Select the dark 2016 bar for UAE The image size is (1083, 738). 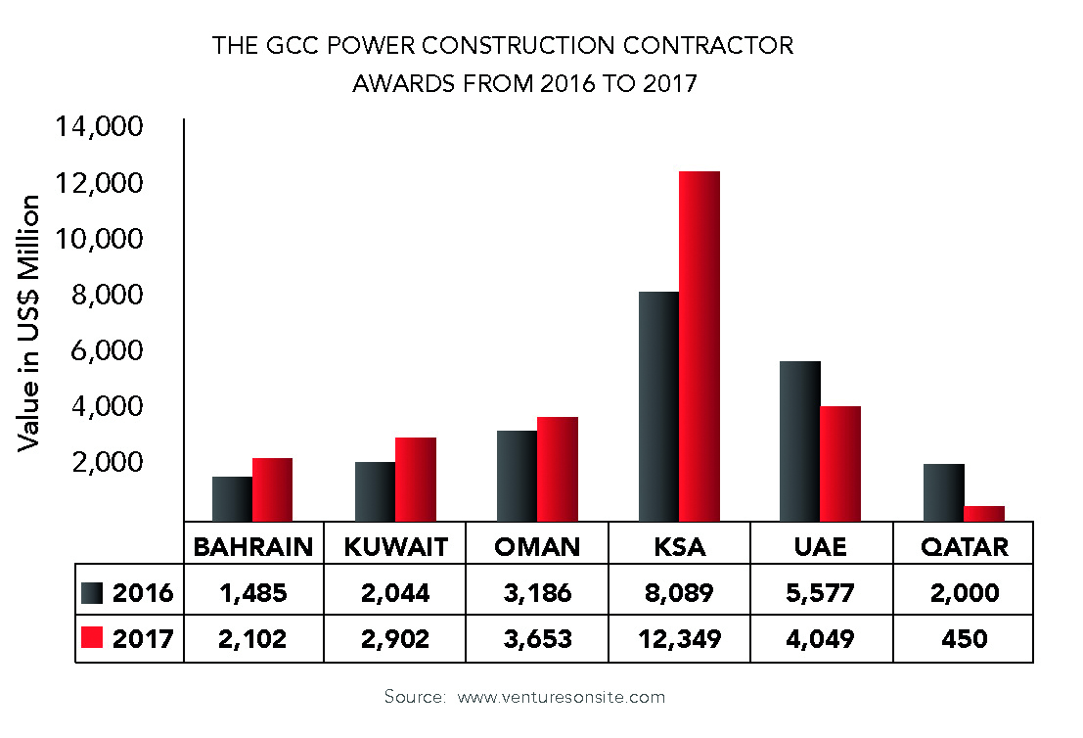point(799,440)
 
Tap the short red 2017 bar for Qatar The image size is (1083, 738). point(984,513)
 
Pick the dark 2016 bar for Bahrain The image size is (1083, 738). point(232,498)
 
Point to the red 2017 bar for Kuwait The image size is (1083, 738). point(416,479)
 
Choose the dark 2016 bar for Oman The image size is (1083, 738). point(517,476)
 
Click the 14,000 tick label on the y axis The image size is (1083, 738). point(102,127)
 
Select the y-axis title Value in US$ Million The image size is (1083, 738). point(30,323)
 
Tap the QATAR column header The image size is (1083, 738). point(964,546)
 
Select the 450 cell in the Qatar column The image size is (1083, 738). point(964,639)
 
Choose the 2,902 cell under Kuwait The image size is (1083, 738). point(395,639)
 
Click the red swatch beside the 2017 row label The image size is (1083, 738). point(92,639)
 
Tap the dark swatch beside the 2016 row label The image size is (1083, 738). point(92,593)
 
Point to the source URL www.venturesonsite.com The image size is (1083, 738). point(561,697)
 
